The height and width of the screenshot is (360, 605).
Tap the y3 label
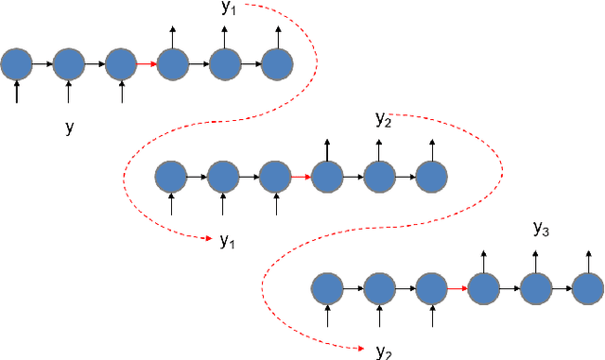point(542,228)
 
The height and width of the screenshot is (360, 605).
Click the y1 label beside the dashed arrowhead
point(227,241)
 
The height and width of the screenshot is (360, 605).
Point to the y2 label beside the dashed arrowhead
point(383,351)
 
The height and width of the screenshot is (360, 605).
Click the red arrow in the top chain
point(146,64)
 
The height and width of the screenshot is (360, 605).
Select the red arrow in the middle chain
point(300,176)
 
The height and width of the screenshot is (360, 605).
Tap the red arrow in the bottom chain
point(457,287)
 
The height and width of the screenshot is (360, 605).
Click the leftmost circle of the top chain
point(17,64)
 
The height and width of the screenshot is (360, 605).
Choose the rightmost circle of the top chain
point(277,64)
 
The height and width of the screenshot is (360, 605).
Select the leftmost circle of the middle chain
point(171,176)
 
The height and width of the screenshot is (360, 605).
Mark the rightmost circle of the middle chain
point(431,176)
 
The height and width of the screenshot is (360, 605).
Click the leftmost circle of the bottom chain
point(327,287)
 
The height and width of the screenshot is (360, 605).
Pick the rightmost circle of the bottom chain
point(587,287)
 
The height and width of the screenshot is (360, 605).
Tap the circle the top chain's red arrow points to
point(173,64)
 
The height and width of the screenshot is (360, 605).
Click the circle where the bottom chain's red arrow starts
point(431,287)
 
